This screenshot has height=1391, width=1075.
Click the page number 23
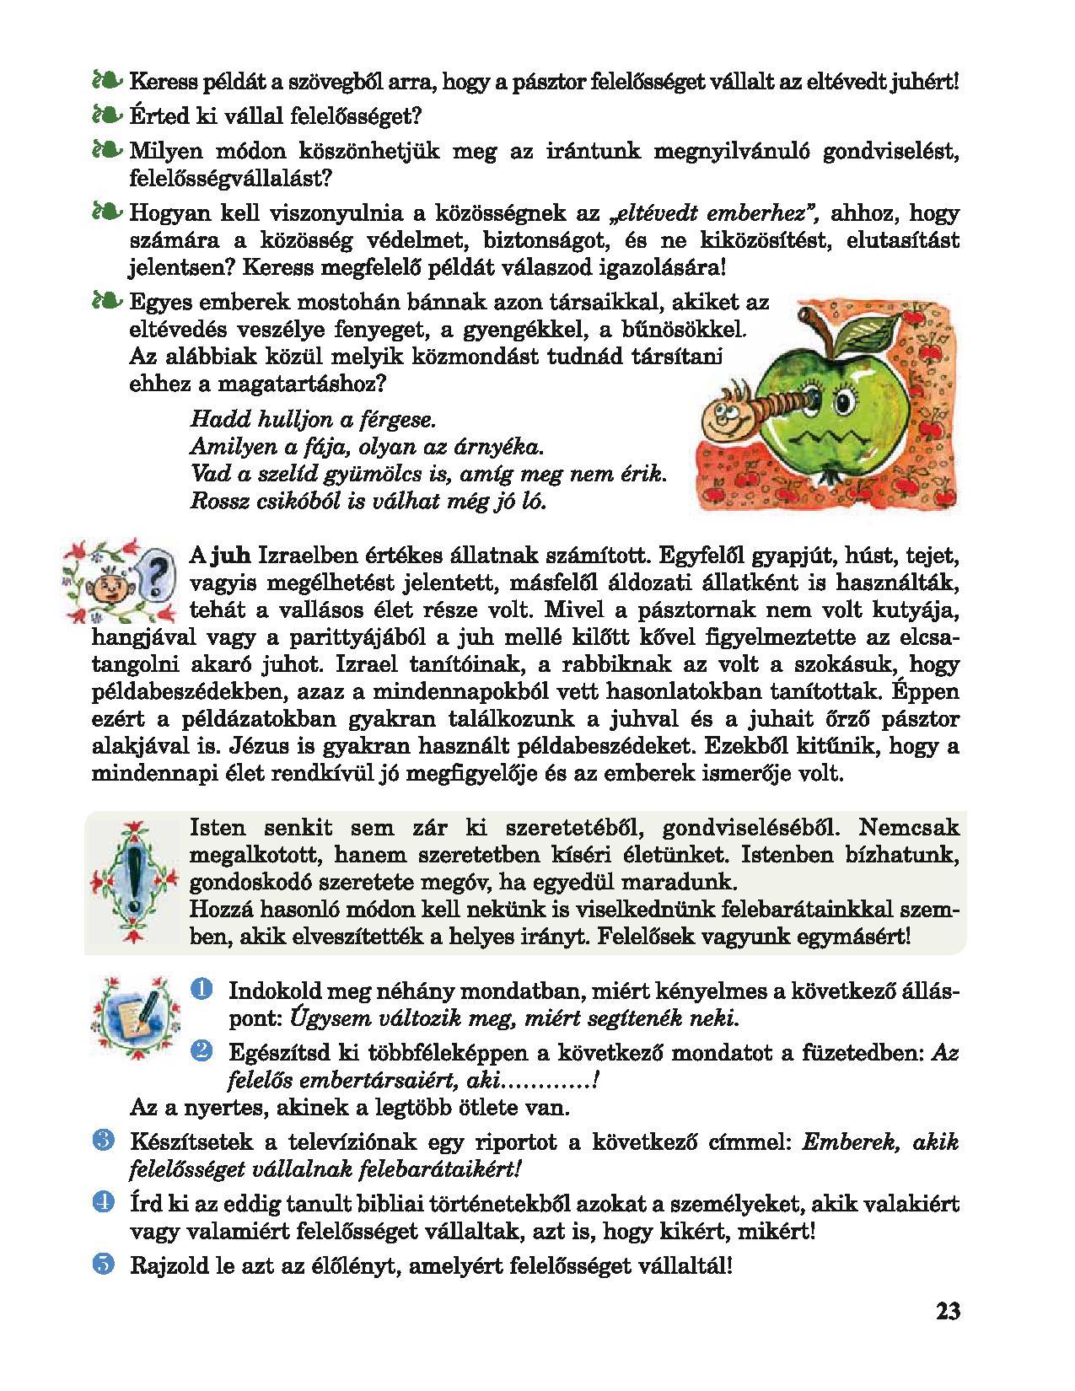click(948, 1312)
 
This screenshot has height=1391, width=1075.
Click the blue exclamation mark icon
click(132, 880)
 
